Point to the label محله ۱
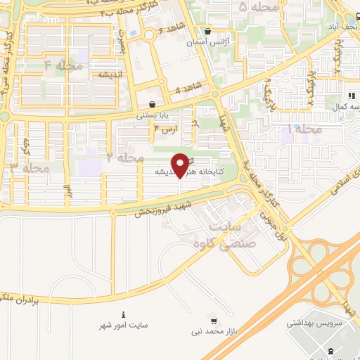pyautogui.click(x=304, y=129)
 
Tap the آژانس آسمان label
pyautogui.click(x=208, y=42)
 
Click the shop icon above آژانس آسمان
pyautogui.click(x=207, y=32)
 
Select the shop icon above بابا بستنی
pyautogui.click(x=152, y=104)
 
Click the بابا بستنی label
pyautogui.click(x=152, y=115)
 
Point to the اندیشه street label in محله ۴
pyautogui.click(x=111, y=74)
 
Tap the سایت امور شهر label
pyautogui.click(x=124, y=326)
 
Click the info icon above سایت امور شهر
pyautogui.click(x=124, y=314)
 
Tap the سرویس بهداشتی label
pyautogui.click(x=313, y=326)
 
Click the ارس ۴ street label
pyautogui.click(x=167, y=129)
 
